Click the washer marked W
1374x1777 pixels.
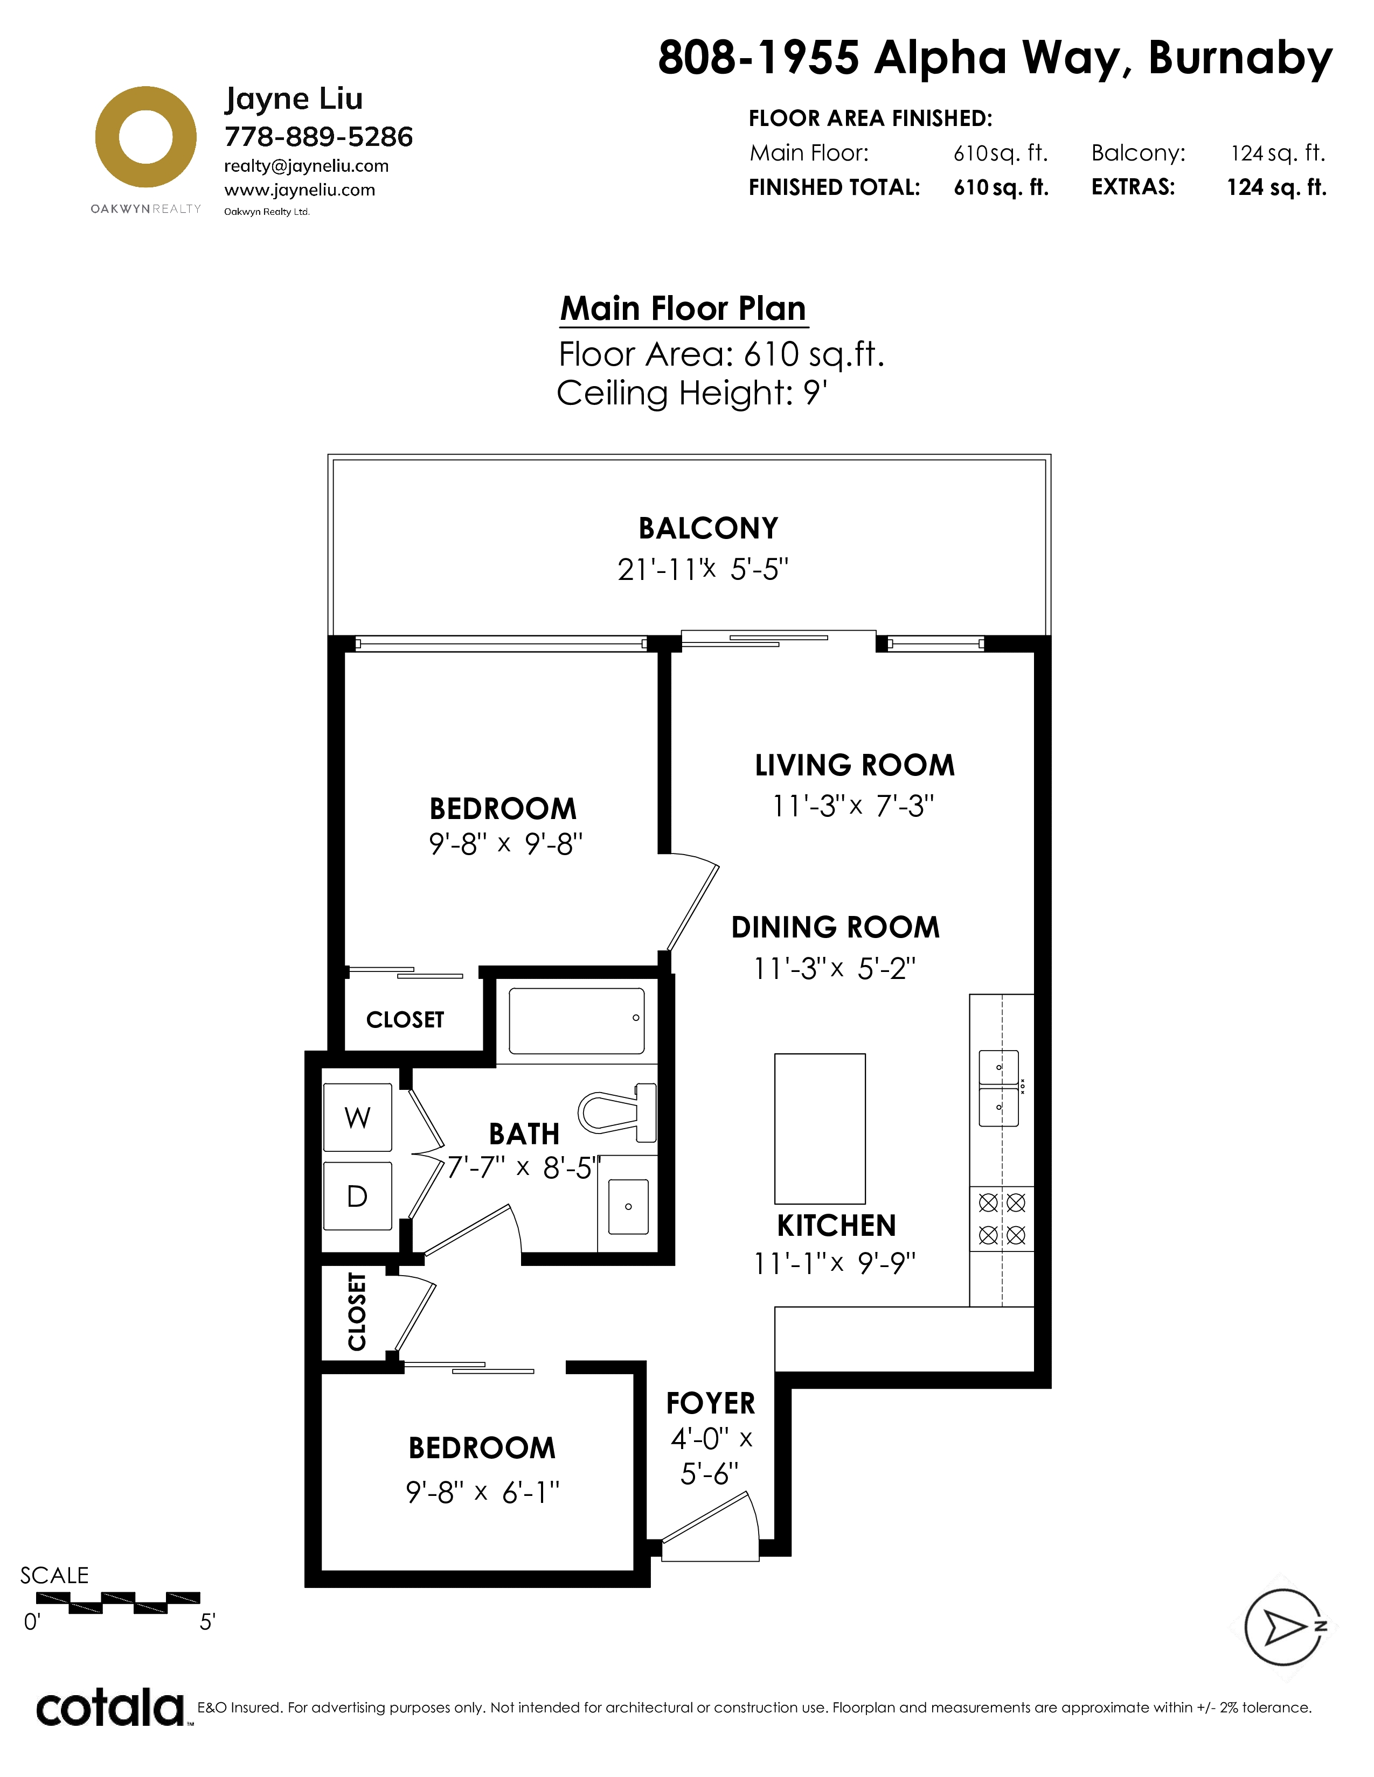pos(357,1117)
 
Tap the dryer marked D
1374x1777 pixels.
pos(357,1195)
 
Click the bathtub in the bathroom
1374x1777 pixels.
pos(577,1020)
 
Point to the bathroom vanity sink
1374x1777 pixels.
pos(628,1206)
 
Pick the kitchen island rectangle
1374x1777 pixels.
pos(820,1129)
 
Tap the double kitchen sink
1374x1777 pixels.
pos(999,1088)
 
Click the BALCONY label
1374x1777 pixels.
pos(708,528)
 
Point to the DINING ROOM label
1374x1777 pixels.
pos(835,927)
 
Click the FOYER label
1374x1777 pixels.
pos(711,1403)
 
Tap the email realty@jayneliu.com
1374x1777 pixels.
pos(306,166)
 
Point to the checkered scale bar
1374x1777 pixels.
pos(118,1603)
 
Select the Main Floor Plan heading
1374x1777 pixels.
pos(683,309)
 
